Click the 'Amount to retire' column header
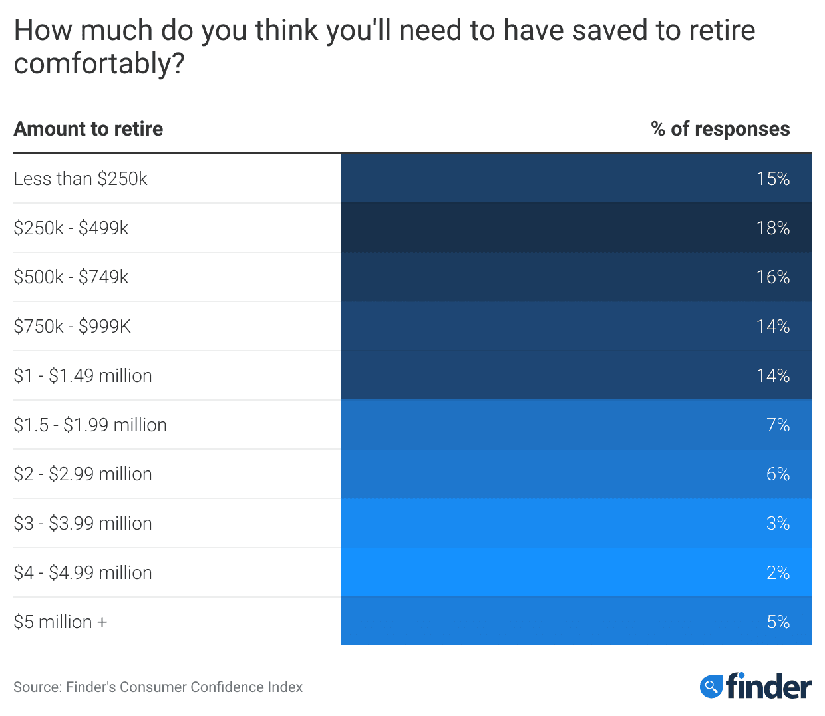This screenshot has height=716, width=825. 88,128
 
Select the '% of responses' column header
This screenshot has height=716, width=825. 720,128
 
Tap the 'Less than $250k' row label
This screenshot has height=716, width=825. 81,178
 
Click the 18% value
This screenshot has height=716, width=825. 772,228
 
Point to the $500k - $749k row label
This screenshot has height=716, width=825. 71,277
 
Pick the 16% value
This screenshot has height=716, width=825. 772,277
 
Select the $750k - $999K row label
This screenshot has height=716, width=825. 73,326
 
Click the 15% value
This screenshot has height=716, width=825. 772,178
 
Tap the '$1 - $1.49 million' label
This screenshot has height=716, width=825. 83,375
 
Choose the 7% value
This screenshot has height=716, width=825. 778,425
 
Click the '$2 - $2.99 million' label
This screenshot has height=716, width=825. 83,474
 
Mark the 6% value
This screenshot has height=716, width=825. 778,474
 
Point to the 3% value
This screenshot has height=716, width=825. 778,523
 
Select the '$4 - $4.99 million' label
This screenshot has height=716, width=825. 83,572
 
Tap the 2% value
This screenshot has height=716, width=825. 778,572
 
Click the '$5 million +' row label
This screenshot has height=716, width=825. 61,622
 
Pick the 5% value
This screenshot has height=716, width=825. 778,622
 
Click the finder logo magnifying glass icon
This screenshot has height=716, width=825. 711,686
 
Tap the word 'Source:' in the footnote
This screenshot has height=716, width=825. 37,687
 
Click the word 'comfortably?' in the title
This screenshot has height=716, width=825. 99,64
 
